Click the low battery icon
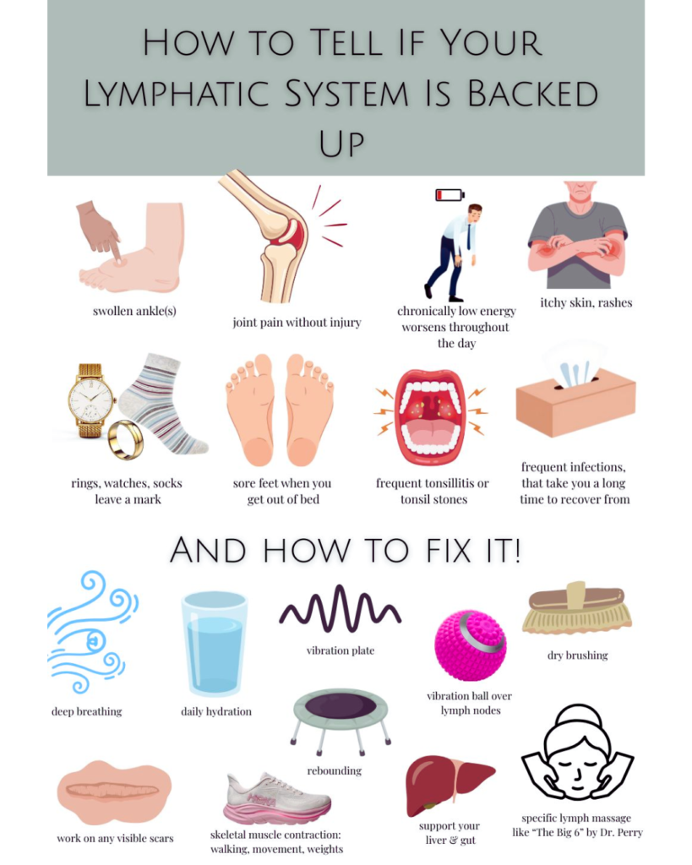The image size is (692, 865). tap(450, 195)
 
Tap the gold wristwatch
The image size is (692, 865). tap(90, 400)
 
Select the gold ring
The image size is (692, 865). tap(126, 439)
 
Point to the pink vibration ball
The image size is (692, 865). tap(470, 645)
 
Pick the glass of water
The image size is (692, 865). tap(215, 643)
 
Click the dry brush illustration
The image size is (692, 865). tap(576, 607)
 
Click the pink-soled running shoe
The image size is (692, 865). tap(278, 799)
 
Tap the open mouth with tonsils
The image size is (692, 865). tap(432, 416)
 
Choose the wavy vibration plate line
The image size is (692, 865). tap(340, 608)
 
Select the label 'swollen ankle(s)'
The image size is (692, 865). tap(134, 311)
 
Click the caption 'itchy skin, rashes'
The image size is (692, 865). tap(586, 302)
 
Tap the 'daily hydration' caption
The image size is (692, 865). tap(216, 711)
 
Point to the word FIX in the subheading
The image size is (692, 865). tap(448, 551)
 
